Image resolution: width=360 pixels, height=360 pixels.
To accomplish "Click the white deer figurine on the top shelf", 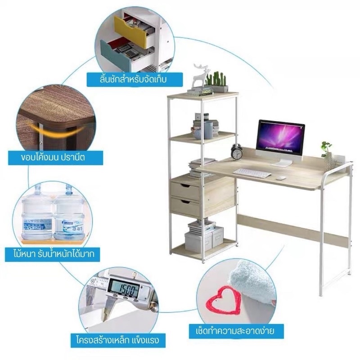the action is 199,75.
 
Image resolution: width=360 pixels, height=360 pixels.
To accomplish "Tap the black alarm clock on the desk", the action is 237,152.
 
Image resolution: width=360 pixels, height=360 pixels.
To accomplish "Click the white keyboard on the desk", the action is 252,173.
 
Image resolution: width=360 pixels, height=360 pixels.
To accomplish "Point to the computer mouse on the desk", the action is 280,178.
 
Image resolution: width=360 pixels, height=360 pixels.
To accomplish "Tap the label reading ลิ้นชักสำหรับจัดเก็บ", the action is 135,80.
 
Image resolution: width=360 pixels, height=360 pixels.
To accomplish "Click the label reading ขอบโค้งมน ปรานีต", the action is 55,157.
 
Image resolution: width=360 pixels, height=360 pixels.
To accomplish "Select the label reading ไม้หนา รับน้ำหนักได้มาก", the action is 53,254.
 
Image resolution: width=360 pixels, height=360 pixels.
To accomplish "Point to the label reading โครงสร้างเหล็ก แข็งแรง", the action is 118,340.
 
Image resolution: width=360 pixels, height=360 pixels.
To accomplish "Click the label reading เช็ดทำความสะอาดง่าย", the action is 236,331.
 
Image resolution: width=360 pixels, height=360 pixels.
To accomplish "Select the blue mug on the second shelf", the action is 208,130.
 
